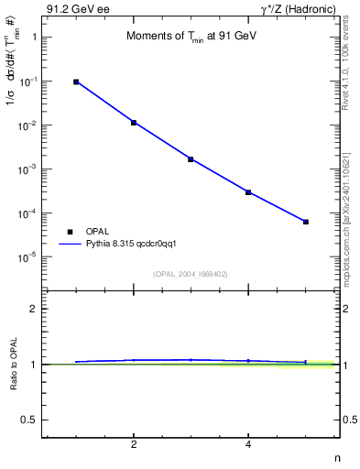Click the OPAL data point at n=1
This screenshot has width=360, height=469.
[x=76, y=82]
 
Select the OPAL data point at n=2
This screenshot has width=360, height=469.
[x=134, y=123]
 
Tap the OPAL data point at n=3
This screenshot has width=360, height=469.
[x=191, y=159]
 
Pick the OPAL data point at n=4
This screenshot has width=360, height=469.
[x=248, y=192]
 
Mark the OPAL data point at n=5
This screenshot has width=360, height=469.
[x=306, y=222]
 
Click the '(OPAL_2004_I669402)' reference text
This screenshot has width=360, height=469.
[x=190, y=273]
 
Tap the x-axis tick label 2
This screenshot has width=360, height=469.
[x=134, y=445]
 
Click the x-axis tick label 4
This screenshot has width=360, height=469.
[x=248, y=445]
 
